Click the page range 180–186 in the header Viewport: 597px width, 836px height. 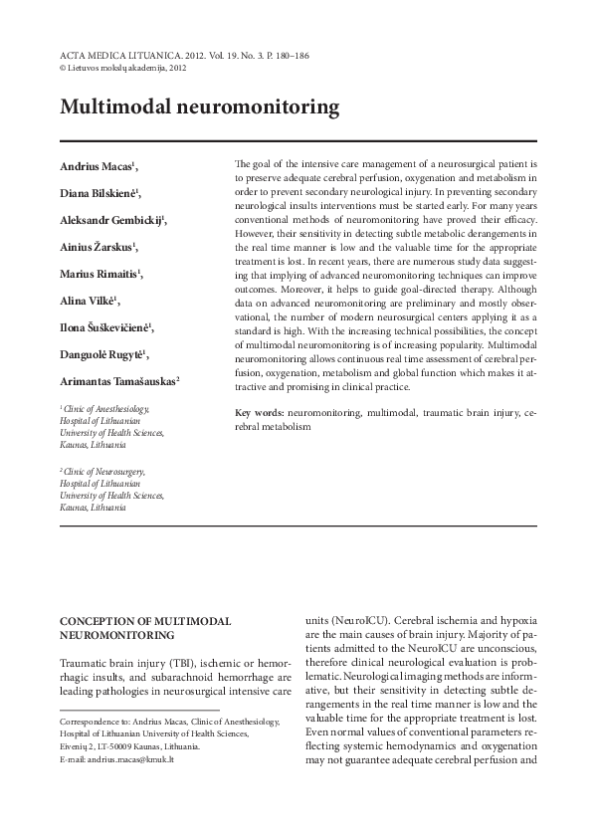[x=289, y=55]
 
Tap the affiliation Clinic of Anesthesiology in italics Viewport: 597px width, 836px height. [x=106, y=408]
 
